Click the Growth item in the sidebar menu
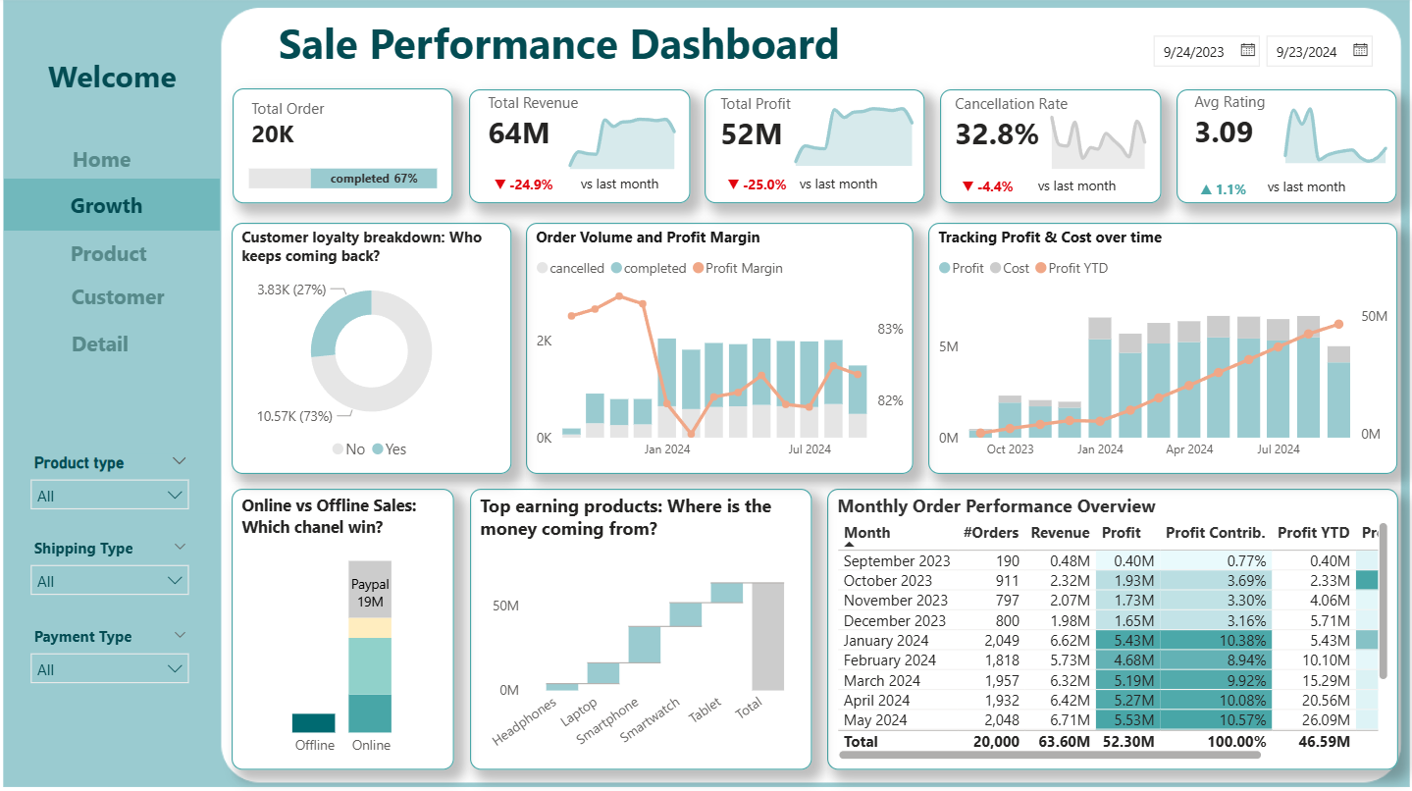(x=106, y=206)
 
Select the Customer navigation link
(x=118, y=297)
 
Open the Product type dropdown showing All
(x=109, y=496)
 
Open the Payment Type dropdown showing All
(x=109, y=669)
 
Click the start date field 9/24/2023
(x=1194, y=52)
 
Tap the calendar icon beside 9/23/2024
(x=1360, y=50)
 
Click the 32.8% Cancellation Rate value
(x=996, y=135)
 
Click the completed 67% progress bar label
(x=374, y=179)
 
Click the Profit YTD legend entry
(x=1076, y=268)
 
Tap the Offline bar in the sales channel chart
(x=314, y=722)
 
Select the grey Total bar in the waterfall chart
(x=768, y=636)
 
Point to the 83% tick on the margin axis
(x=890, y=329)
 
